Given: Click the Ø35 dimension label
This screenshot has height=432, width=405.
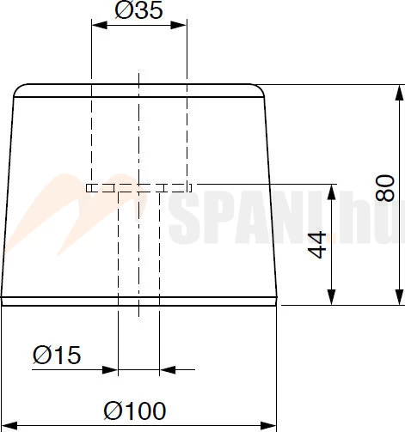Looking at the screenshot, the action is (x=138, y=10).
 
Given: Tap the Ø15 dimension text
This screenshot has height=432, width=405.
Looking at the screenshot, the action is (x=57, y=355).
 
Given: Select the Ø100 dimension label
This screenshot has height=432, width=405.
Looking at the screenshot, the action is (x=135, y=411).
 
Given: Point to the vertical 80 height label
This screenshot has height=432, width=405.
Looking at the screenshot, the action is (x=385, y=188).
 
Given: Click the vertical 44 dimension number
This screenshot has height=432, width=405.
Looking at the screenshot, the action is (x=316, y=245).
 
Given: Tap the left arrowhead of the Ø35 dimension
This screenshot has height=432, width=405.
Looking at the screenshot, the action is (x=100, y=25).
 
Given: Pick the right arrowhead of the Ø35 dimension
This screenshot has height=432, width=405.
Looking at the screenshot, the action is (x=179, y=25).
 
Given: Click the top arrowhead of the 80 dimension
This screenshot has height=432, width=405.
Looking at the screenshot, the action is (x=399, y=93).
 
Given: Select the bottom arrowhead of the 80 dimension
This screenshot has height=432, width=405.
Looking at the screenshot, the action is (x=399, y=297).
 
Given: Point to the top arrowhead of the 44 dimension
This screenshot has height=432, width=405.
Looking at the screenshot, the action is (x=331, y=192).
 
